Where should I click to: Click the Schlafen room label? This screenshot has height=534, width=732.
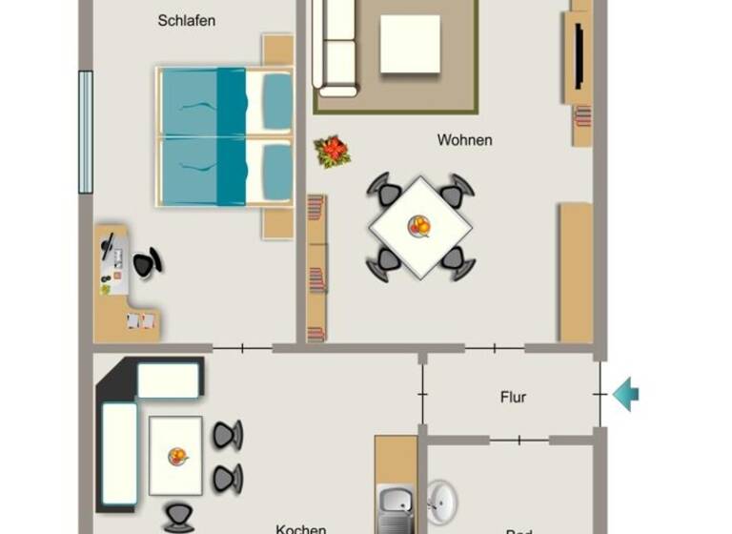click(x=187, y=20)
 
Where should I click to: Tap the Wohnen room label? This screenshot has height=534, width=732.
click(x=464, y=140)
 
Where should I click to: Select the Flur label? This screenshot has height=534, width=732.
click(x=513, y=397)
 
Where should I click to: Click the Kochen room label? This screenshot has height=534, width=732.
click(x=300, y=528)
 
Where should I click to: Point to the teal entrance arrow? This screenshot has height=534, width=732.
click(x=625, y=394)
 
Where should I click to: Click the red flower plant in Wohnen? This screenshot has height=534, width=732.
click(x=333, y=151)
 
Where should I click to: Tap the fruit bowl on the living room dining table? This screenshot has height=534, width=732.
click(x=419, y=226)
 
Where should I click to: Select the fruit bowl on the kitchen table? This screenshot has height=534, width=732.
click(x=177, y=456)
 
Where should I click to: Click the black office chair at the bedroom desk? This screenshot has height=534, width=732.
click(x=146, y=263)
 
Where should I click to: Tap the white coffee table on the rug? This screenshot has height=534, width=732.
click(x=410, y=44)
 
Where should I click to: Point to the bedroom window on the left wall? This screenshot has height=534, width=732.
click(x=85, y=132)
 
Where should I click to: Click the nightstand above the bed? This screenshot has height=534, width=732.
click(x=277, y=50)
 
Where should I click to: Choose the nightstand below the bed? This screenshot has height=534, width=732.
click(x=277, y=223)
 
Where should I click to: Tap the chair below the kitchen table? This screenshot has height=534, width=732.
click(x=178, y=518)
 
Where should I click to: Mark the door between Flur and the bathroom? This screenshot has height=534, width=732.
click(x=518, y=441)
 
